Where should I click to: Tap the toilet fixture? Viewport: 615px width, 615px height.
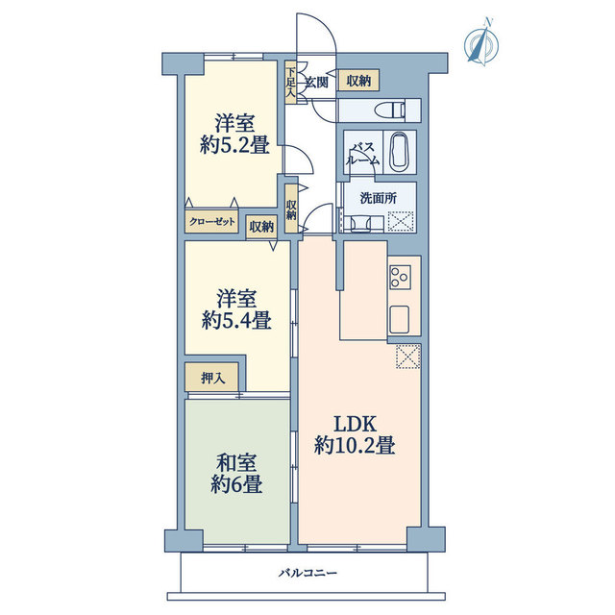[389, 110]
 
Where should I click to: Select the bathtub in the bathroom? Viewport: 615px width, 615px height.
[400, 152]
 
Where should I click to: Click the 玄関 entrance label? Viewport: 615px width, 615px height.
[316, 83]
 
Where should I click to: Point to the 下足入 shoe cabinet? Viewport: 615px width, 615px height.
[290, 83]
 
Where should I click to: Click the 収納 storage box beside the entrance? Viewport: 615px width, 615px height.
[358, 81]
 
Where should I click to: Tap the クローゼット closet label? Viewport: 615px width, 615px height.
[212, 222]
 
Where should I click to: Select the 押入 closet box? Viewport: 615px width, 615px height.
[211, 378]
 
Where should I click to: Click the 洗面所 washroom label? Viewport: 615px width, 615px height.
[378, 199]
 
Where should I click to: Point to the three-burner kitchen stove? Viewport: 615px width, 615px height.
[400, 278]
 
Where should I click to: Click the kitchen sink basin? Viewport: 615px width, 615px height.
[400, 318]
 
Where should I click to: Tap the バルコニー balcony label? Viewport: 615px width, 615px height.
[307, 574]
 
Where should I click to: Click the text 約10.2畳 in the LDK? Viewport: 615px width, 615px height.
[355, 446]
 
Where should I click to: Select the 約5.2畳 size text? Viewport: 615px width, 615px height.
[234, 146]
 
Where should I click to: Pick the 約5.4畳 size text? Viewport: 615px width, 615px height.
[236, 321]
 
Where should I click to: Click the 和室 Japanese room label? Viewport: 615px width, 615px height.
[236, 463]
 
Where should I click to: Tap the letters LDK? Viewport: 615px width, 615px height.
[355, 424]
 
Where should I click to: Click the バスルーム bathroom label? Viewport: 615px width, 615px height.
[362, 154]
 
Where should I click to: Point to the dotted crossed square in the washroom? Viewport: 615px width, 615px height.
[401, 221]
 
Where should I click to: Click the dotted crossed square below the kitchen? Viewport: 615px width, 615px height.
[407, 357]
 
